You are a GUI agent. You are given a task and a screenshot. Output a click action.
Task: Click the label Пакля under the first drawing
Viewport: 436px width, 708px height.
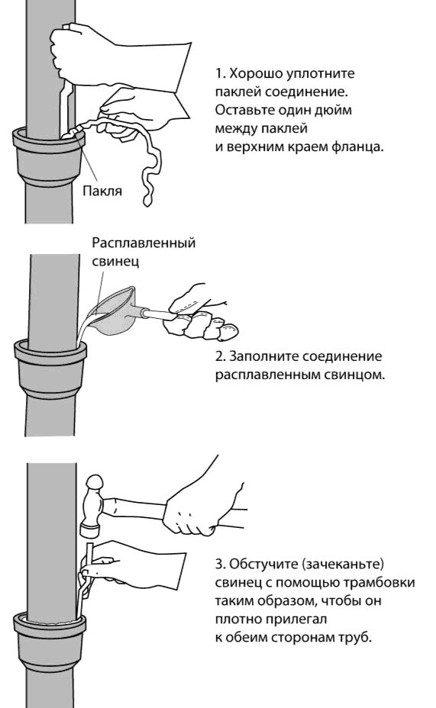102,191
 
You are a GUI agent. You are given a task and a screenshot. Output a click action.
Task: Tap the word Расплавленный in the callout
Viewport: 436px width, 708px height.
144,243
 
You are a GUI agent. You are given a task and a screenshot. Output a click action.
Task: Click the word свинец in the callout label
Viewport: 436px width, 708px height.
115,261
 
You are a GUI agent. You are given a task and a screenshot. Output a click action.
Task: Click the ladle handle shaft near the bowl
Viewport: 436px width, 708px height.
157,314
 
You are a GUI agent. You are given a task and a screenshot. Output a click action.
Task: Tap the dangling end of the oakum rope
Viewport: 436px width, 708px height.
147,198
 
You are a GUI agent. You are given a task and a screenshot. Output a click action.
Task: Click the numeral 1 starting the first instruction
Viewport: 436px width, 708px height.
219,73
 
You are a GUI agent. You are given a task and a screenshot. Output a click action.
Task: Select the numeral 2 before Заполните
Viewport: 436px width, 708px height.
220,356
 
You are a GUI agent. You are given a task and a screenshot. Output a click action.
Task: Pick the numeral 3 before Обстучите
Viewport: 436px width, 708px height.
220,564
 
